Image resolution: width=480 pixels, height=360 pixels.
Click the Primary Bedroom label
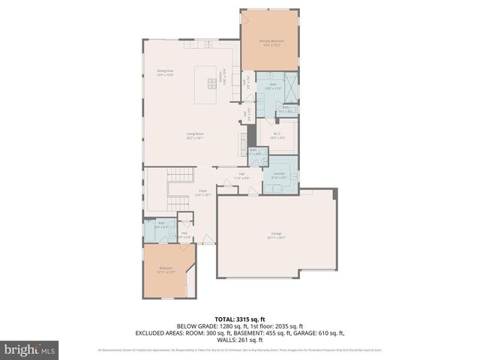[x=268, y=43]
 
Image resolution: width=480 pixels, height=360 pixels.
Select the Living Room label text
[x=195, y=136]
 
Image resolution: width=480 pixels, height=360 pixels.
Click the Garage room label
[x=277, y=235]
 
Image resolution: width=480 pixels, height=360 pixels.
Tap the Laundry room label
[x=279, y=175]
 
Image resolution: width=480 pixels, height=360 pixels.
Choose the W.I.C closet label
[x=277, y=136]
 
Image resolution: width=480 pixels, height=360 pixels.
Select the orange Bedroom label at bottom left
[x=165, y=269]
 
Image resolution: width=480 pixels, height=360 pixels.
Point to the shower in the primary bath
[x=289, y=88]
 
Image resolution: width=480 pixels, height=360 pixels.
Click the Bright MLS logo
[x=30, y=349]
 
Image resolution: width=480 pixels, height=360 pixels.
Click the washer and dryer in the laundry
[x=279, y=188]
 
